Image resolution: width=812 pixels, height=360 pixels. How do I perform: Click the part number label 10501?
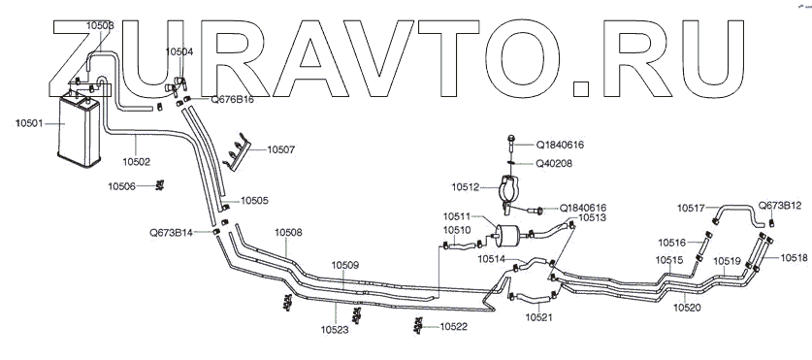click(30, 123)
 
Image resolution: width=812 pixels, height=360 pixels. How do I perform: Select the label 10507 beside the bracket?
click(281, 149)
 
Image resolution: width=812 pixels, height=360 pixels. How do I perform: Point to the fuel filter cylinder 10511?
click(510, 233)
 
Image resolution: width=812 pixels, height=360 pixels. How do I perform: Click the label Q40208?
click(554, 163)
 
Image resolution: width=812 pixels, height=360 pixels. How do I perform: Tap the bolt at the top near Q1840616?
click(511, 141)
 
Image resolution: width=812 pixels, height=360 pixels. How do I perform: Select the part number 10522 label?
click(454, 326)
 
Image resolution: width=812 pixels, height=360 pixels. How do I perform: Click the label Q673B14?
click(171, 233)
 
